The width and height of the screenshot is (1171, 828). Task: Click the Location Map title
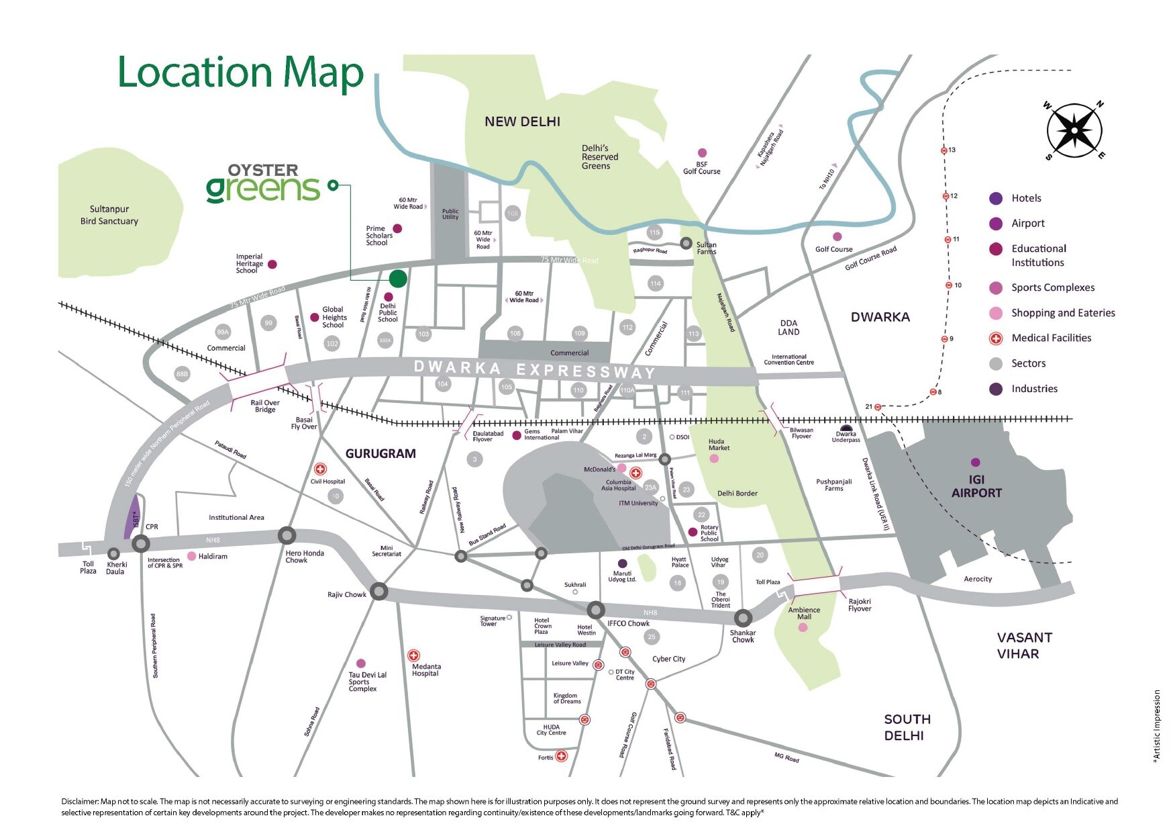click(240, 73)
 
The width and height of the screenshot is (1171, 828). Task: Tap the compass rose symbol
click(1074, 130)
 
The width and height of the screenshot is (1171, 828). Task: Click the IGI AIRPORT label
click(976, 486)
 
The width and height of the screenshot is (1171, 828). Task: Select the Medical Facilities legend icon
click(996, 338)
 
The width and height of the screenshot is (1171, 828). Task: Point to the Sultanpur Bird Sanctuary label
click(109, 215)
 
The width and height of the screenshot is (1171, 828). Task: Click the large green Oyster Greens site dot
click(398, 278)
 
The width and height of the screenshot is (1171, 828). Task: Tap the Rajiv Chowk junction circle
click(379, 591)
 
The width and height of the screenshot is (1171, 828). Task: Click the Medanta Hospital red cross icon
click(414, 655)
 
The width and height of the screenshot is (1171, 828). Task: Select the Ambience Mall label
click(804, 614)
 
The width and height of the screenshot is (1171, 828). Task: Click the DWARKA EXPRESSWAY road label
click(534, 369)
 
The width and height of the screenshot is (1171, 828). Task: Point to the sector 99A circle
click(223, 332)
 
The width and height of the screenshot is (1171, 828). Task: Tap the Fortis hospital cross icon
click(562, 756)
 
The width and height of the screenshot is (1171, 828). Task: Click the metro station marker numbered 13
click(944, 150)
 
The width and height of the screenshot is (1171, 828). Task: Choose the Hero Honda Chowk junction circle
click(287, 535)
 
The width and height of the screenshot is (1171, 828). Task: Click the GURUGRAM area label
click(380, 454)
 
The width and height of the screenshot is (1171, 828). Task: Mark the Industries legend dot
click(996, 389)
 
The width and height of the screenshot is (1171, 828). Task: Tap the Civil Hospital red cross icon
click(321, 469)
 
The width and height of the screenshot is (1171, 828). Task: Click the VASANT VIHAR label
click(1024, 645)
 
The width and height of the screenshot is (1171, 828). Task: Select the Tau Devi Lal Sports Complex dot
click(360, 663)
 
